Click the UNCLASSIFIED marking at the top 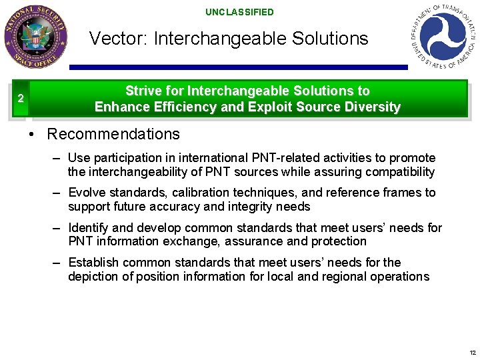tap(239, 12)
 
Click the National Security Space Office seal tap(35, 37)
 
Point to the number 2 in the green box tap(21, 99)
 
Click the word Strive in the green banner tap(144, 91)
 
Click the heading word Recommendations tap(113, 134)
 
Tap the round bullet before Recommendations tap(31, 135)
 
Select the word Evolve tap(87, 193)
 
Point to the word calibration tap(201, 193)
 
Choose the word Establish tap(94, 263)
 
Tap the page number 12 tap(472, 353)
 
